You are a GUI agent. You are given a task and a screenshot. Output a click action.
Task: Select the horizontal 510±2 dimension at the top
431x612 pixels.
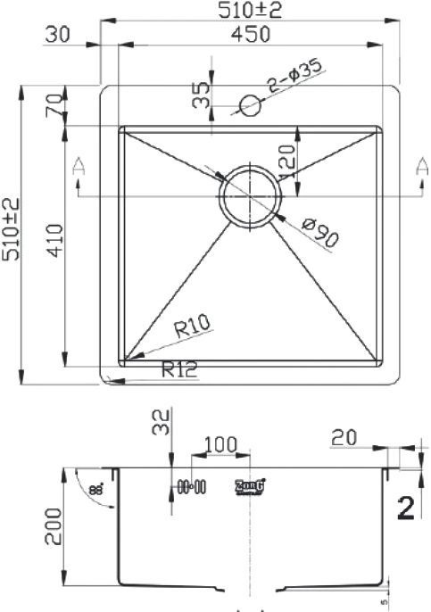[x=251, y=10]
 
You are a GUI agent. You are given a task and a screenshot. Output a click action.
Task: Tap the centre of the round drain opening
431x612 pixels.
[x=252, y=194]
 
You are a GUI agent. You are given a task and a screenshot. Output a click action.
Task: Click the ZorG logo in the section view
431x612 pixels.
[x=250, y=486]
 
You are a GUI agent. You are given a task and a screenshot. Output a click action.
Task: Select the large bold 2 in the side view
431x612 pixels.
[x=405, y=508]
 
